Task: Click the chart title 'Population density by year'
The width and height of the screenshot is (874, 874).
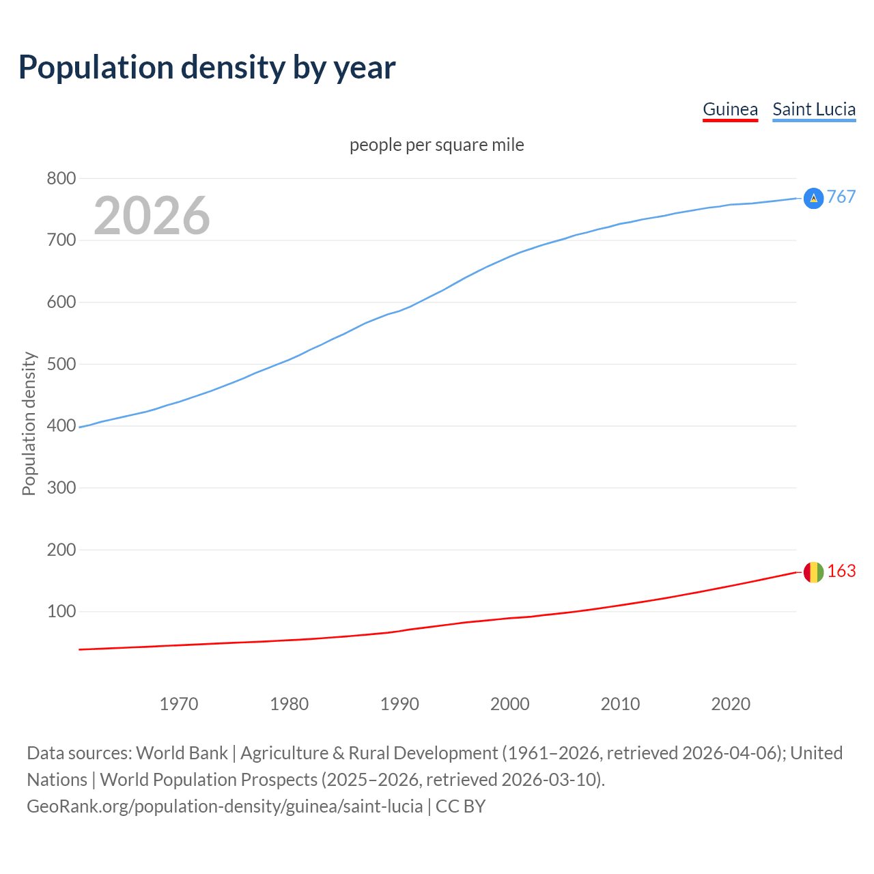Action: coord(207,67)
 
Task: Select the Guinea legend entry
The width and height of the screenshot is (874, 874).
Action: coord(730,109)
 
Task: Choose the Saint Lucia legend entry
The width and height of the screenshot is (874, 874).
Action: coord(814,109)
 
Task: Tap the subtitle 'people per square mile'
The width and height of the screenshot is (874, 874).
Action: coord(436,145)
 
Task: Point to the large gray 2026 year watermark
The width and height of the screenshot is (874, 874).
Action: coord(152,216)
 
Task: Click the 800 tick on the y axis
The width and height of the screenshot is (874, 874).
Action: coord(61,178)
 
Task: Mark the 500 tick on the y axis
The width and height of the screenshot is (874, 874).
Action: coord(61,364)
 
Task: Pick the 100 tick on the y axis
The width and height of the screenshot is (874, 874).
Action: coord(61,611)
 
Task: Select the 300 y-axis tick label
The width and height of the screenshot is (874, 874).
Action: coord(61,488)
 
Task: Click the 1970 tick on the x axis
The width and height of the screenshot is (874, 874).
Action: coord(179,704)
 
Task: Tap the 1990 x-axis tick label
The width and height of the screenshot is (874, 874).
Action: coord(399,704)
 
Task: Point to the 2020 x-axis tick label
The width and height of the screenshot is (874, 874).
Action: coord(731,704)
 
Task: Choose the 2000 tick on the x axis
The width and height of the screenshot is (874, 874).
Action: coord(510,704)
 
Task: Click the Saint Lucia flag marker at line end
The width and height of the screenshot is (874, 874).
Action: coord(813,198)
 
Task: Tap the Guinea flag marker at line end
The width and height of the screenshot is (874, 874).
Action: coord(813,572)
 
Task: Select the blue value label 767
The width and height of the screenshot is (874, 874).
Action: coord(841,197)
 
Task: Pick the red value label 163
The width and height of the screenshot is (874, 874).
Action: coord(841,571)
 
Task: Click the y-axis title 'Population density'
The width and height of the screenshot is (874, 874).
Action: coord(29,423)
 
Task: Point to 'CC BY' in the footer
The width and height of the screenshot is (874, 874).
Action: coord(460,806)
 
